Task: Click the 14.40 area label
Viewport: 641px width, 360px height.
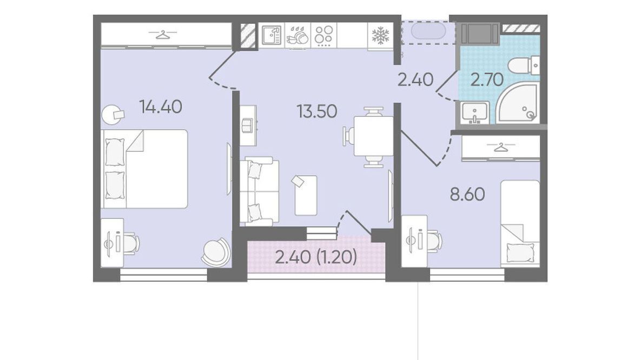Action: coord(161,107)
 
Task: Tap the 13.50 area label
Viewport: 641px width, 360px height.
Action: coord(317,111)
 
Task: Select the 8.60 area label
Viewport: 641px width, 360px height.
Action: coord(468,195)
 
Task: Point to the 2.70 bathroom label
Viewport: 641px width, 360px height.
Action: coord(487,79)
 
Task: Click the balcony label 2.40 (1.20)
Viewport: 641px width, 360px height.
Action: coord(316,257)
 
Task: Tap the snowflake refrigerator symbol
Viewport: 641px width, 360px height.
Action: coord(380,36)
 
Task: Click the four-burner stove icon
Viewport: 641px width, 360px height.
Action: coord(324,35)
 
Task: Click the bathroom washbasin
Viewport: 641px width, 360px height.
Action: coord(474,113)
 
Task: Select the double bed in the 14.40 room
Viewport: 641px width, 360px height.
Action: coord(144,169)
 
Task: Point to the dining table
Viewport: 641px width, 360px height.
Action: coord(374,136)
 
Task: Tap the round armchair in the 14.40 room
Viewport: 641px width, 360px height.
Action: coord(215,252)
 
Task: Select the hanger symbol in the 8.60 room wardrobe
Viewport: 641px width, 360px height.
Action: coord(500,147)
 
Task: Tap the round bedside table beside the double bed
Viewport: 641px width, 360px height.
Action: coord(113,115)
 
